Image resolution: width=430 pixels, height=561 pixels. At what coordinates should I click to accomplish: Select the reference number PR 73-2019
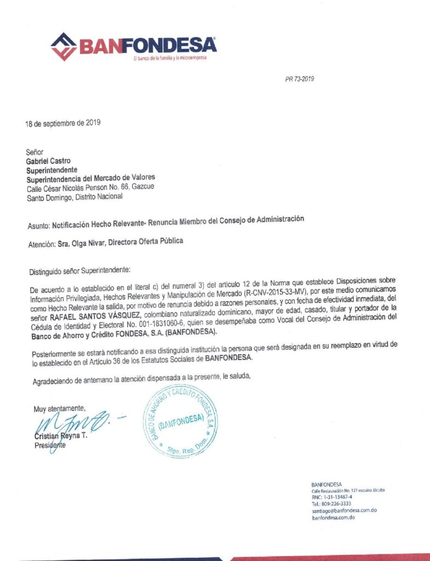299,79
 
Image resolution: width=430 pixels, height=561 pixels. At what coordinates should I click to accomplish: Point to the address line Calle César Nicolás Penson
90,188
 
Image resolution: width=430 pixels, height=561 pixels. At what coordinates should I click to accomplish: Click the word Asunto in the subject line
38,225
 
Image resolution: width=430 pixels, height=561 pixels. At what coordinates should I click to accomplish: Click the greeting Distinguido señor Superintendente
80,270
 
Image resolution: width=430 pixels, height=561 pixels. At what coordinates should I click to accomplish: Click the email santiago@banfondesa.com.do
344,510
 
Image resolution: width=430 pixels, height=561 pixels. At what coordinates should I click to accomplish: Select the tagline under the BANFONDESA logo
170,58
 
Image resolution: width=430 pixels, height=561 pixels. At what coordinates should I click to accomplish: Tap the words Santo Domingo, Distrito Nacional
75,197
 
